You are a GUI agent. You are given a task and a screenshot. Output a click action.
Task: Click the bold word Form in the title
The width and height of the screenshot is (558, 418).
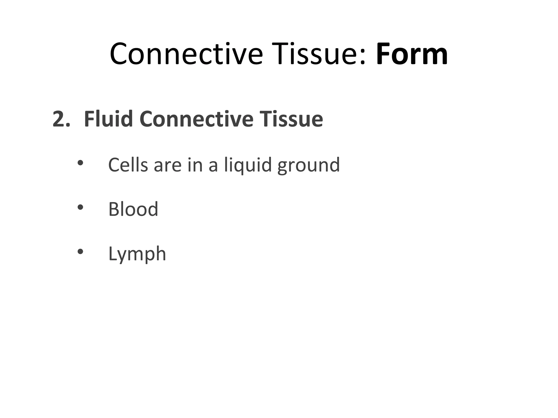click(412, 54)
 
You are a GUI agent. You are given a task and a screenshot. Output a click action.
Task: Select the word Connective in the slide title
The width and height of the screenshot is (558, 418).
click(186, 54)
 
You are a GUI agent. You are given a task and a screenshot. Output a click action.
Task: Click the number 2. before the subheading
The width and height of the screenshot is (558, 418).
click(61, 119)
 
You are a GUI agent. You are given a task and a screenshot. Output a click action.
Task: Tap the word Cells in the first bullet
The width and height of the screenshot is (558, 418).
click(128, 165)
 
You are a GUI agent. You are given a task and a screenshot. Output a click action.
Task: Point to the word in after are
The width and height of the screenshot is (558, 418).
click(195, 165)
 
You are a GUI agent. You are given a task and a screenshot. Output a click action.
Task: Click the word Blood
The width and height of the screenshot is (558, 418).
click(133, 209)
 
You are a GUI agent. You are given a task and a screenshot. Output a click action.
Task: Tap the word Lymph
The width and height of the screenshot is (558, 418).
click(137, 254)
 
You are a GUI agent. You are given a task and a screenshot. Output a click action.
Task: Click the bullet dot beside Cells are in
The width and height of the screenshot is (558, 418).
click(80, 163)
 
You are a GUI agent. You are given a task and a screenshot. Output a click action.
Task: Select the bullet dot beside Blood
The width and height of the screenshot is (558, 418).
click(80, 207)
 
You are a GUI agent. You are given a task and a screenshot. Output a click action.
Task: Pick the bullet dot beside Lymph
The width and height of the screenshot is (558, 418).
click(80, 252)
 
